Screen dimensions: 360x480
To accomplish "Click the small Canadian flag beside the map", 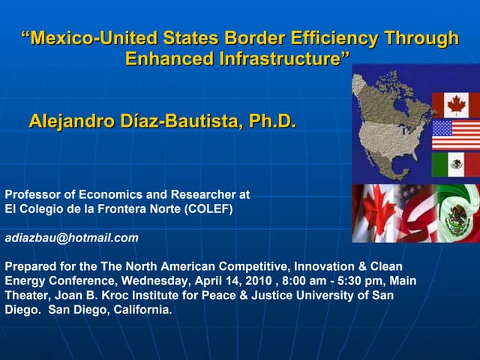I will [x=455, y=105].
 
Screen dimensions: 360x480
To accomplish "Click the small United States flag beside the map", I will [x=455, y=135].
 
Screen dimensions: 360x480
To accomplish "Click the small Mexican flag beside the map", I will [x=455, y=164].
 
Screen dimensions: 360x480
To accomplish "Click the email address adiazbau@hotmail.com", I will [x=72, y=238].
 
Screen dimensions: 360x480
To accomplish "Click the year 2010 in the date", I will [x=265, y=280].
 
